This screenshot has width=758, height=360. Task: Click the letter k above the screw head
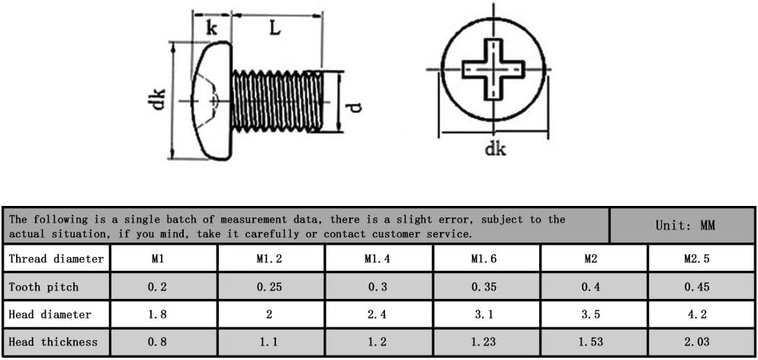211,29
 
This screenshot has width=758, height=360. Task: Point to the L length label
275,28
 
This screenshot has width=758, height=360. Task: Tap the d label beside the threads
355,107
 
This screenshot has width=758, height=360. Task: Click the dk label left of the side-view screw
159,98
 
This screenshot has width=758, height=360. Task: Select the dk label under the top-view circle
495,149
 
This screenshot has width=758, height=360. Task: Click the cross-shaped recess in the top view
493,69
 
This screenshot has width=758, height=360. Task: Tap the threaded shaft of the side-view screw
278,101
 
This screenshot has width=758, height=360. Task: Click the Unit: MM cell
685,225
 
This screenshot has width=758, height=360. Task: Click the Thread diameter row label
56,259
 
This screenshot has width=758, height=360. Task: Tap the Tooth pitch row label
43,287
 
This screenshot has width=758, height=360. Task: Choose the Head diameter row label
50,314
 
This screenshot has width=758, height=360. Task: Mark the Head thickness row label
53,342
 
